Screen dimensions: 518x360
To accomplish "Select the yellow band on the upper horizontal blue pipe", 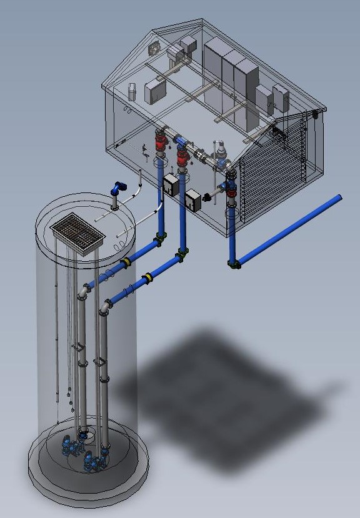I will tap(126, 262).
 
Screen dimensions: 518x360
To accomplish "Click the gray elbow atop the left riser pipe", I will tap(84, 291).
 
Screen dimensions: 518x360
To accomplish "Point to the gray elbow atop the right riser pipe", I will tap(106, 306).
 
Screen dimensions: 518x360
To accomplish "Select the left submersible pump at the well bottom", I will tap(69, 446).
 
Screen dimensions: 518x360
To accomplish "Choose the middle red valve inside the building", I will tap(182, 157).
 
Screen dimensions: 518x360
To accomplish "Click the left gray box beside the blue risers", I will tap(171, 185).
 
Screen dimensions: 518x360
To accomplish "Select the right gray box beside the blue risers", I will tap(193, 199).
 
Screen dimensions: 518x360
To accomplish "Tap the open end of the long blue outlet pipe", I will tap(339, 198).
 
